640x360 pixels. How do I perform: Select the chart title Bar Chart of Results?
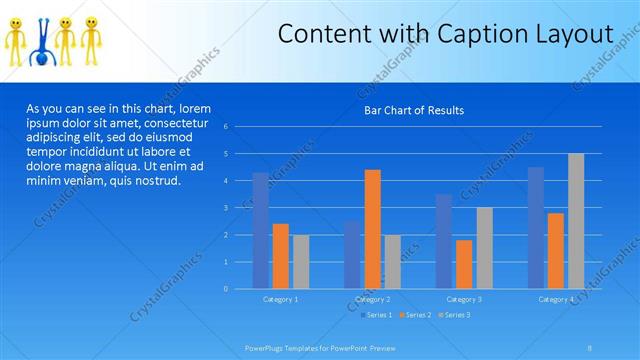point(413,110)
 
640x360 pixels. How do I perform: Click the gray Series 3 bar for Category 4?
point(576,221)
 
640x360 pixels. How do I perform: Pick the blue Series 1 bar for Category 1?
point(260,230)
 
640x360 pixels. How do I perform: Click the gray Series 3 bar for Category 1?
point(300,261)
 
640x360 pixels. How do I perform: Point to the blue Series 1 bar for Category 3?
point(444,241)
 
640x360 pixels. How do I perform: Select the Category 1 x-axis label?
point(280,299)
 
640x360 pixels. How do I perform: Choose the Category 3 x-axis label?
point(464,299)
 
